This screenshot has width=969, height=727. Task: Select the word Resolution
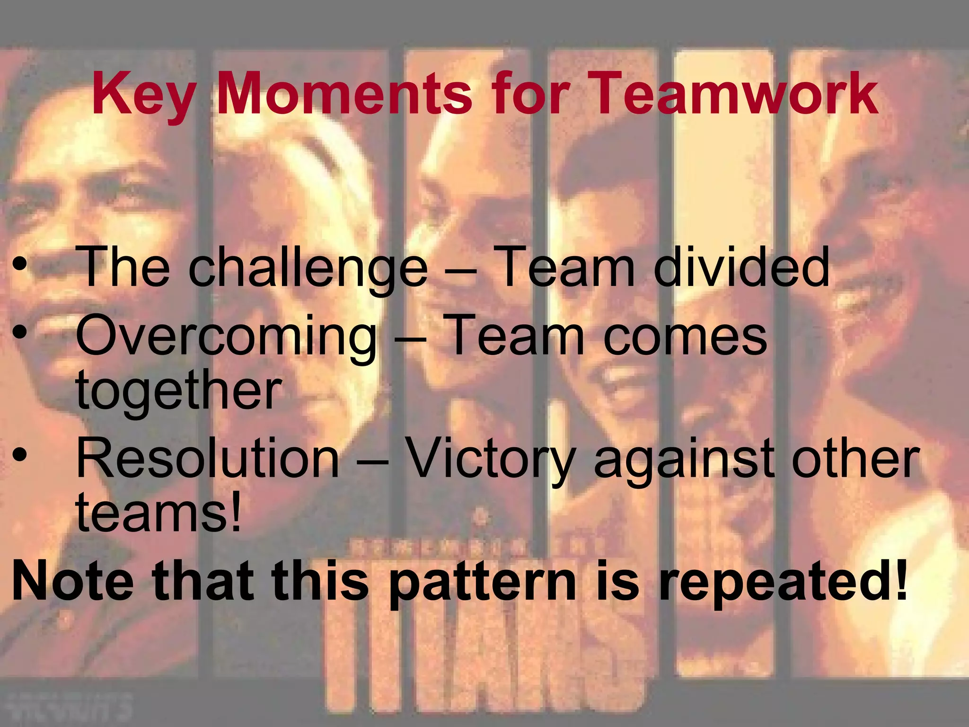coord(208,458)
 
